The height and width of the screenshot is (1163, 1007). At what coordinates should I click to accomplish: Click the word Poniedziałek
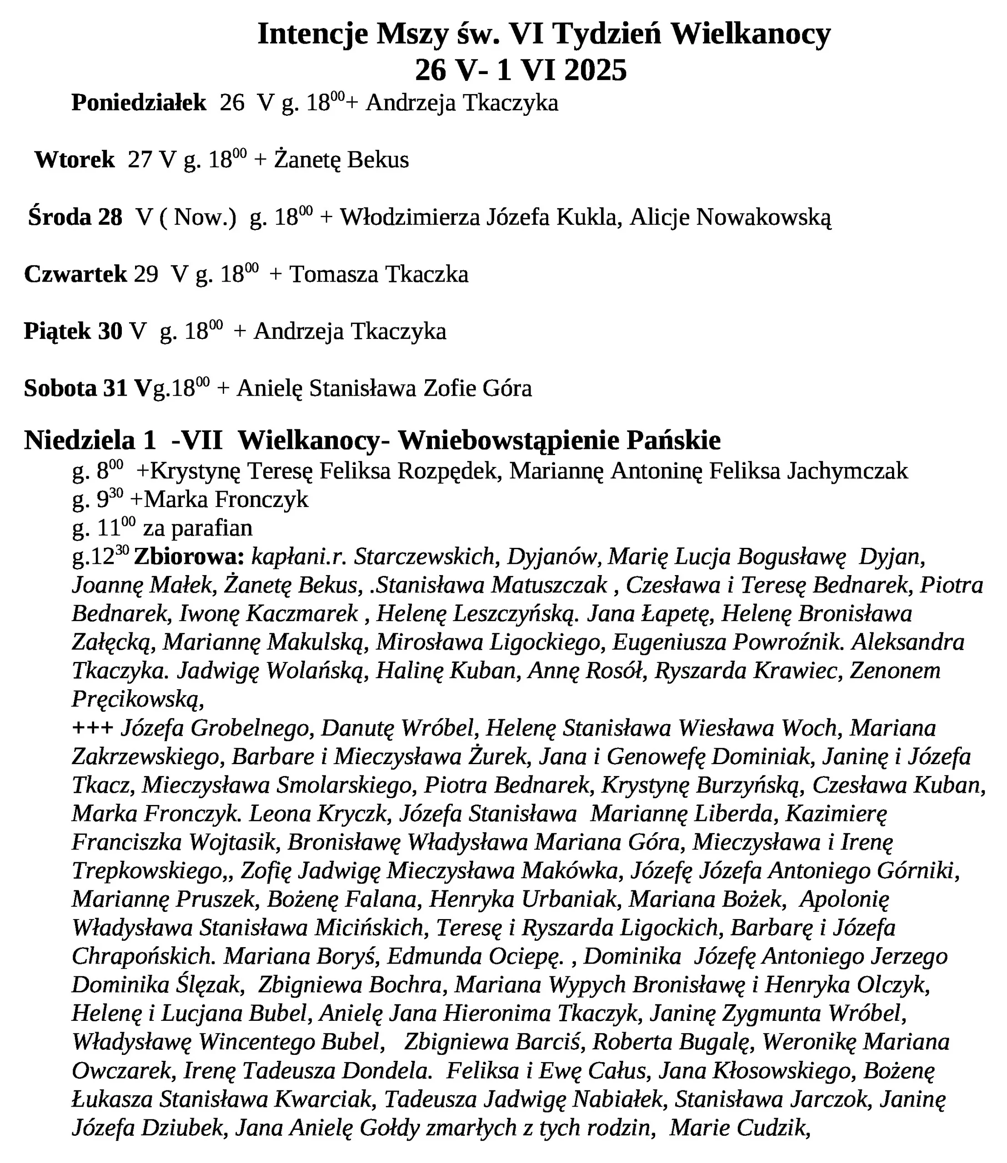point(139,103)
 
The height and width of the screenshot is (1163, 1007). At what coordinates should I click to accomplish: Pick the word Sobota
point(60,388)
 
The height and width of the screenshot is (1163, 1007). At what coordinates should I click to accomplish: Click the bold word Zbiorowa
point(189,557)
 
